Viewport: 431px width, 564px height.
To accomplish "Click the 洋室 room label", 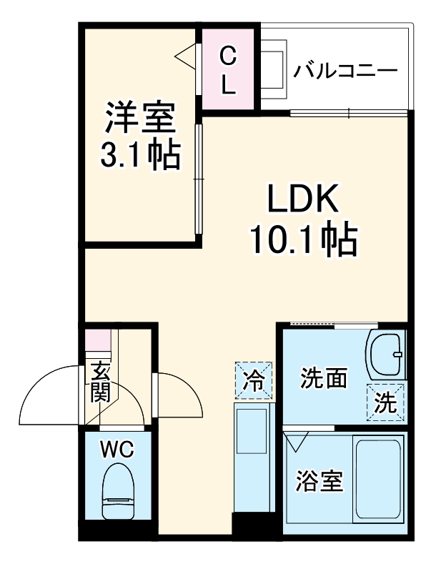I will (x=141, y=118).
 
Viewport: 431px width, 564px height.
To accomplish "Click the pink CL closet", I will (x=228, y=69).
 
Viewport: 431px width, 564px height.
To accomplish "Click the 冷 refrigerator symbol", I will (x=254, y=378).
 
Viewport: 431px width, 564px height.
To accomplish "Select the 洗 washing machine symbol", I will (x=386, y=403).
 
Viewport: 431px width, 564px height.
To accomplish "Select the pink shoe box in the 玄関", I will (x=97, y=341).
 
